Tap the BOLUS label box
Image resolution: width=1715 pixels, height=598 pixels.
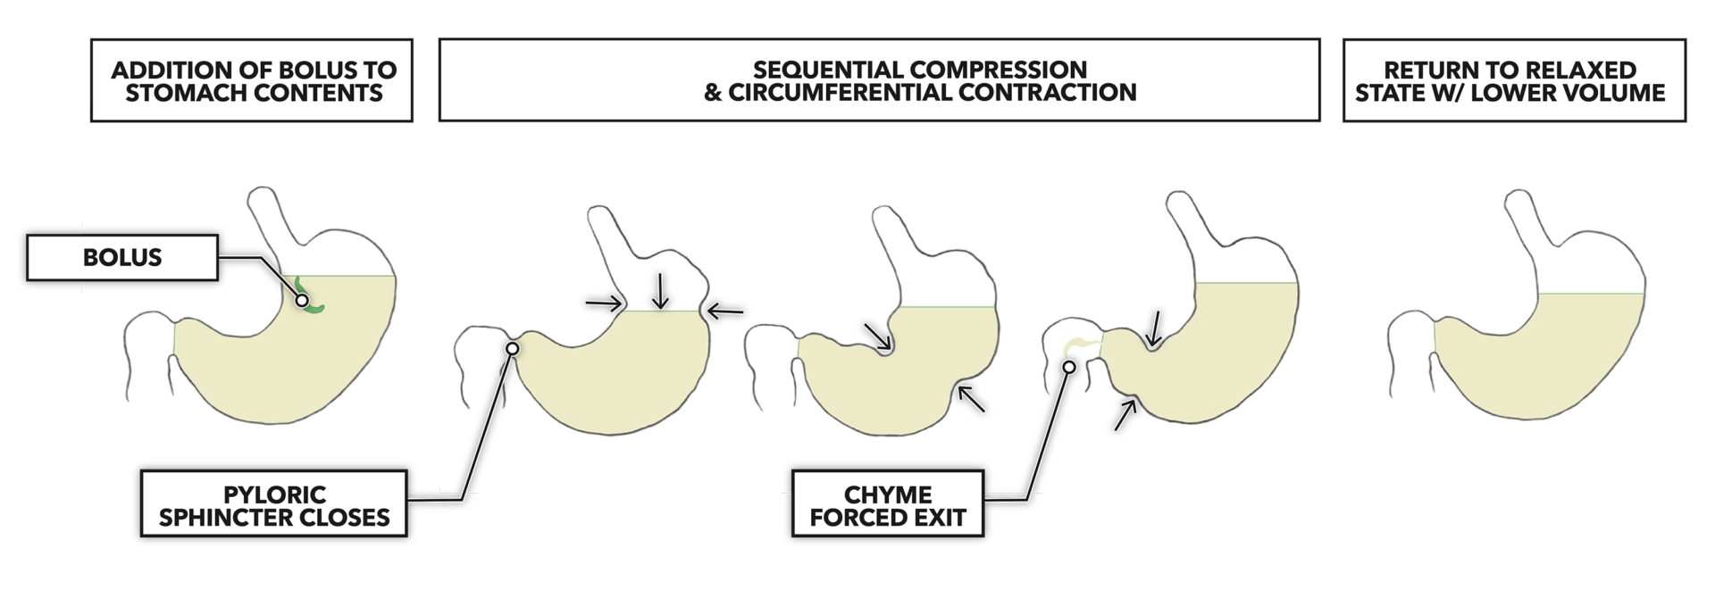[122, 258]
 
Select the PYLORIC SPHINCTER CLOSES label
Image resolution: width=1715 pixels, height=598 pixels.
[274, 505]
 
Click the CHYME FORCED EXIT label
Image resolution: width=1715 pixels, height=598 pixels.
[887, 505]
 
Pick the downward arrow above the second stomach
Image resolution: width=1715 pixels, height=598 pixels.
[660, 291]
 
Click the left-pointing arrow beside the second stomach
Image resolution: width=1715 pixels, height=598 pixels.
[725, 311]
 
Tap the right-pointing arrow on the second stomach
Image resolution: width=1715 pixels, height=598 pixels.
[604, 303]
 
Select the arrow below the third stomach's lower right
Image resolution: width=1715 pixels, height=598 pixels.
[971, 397]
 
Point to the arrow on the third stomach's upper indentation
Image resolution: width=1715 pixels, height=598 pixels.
[878, 336]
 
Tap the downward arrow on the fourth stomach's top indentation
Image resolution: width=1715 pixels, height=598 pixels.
[1156, 328]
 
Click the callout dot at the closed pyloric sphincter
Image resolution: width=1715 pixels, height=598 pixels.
[512, 349]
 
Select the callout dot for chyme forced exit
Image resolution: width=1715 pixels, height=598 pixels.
[1069, 367]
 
